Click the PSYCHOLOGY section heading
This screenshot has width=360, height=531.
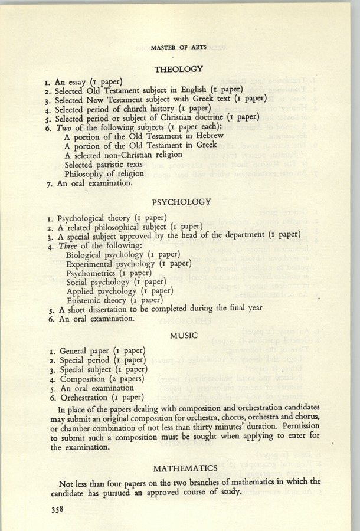click(181, 202)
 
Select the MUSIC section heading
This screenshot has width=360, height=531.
click(183, 336)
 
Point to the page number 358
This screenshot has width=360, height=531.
click(56, 509)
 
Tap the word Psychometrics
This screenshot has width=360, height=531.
click(92, 274)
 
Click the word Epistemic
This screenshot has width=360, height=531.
click(86, 300)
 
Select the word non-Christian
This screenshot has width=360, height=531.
click(129, 155)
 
